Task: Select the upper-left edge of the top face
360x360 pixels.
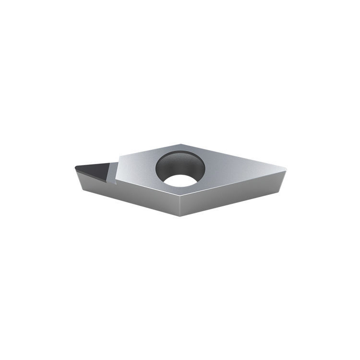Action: click(149, 149)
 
